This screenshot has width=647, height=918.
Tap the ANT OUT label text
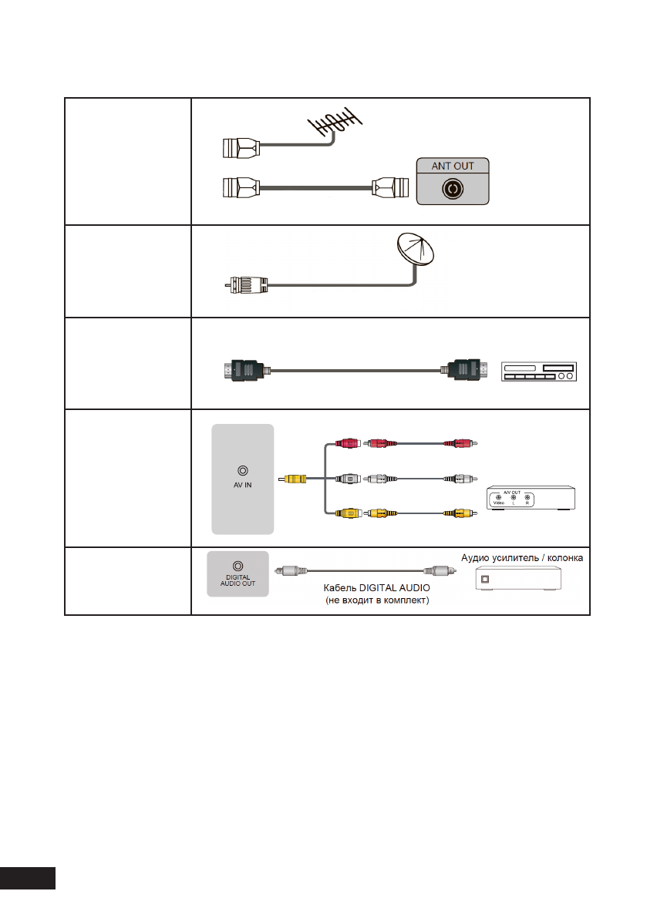click(453, 165)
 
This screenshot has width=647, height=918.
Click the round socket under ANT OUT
click(453, 189)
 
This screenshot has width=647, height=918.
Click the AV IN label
click(243, 486)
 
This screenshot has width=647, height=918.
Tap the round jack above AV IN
click(243, 469)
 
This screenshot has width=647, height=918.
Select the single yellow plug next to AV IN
click(296, 478)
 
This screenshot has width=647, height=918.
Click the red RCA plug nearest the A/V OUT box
click(461, 443)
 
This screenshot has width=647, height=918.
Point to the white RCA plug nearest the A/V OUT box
click(461, 478)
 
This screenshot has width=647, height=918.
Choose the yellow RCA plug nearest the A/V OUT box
click(461, 512)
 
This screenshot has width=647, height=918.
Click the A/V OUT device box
click(531, 499)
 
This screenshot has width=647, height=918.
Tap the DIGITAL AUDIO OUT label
click(238, 580)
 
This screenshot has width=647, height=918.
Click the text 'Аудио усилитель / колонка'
click(522, 557)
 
